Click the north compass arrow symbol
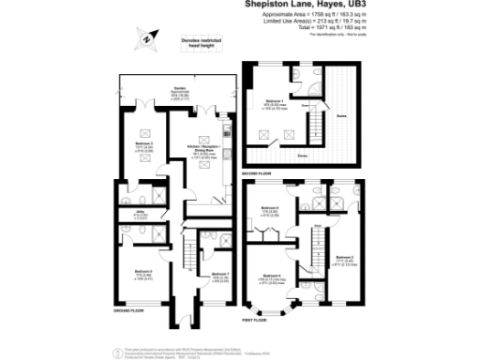click(148, 40)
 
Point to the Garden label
click(174, 92)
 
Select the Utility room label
click(137, 215)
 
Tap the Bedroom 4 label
click(273, 273)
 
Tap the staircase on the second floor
click(318, 121)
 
